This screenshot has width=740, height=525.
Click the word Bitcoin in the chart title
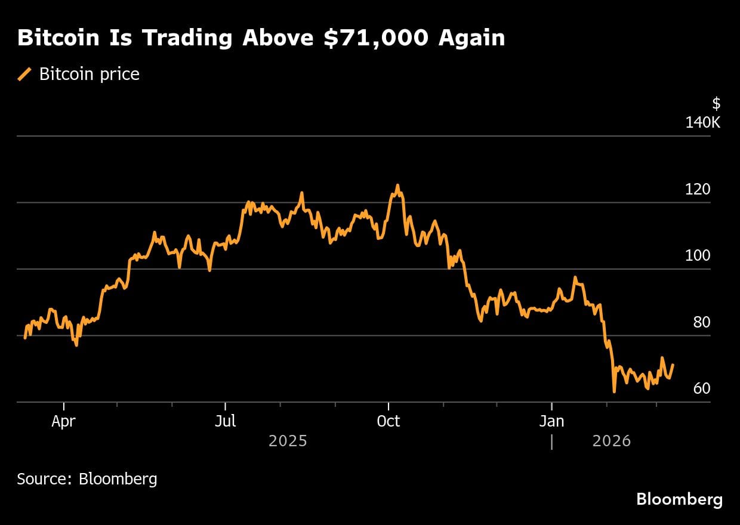click(59, 38)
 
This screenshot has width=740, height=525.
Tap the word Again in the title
click(471, 38)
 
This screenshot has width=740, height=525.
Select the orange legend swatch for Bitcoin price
click(25, 75)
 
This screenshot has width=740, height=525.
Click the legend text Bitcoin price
click(90, 75)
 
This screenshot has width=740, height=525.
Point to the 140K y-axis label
click(703, 123)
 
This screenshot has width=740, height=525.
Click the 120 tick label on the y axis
click(698, 190)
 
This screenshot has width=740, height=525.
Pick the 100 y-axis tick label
click(698, 256)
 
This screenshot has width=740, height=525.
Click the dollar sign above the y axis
click(716, 104)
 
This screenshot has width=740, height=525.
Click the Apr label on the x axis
click(63, 421)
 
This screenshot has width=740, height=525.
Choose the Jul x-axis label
click(225, 421)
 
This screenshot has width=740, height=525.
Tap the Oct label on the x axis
click(388, 421)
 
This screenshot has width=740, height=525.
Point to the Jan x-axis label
click(551, 421)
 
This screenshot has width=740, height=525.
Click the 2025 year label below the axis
click(288, 441)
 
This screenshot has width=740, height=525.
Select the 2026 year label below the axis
click(611, 441)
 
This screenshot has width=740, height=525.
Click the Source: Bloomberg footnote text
click(87, 478)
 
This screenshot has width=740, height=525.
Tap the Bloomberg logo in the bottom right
click(679, 499)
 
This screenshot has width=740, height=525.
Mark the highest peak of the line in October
click(397, 186)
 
